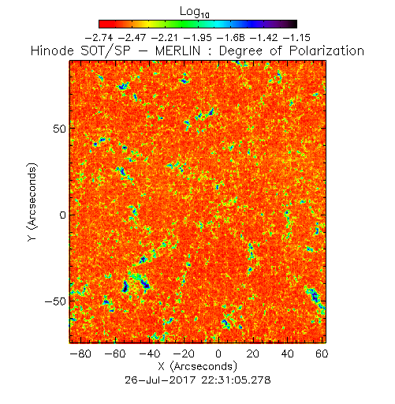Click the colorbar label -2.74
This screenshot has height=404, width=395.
[99, 38]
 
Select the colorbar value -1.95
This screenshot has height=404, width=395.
[198, 38]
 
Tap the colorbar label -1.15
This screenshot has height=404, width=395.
[296, 38]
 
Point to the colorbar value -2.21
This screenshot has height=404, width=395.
[165, 38]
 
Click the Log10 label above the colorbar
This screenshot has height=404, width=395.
[195, 13]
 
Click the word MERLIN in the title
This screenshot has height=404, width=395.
[177, 50]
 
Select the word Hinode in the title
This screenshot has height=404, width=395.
[52, 50]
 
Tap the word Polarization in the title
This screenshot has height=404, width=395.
[326, 50]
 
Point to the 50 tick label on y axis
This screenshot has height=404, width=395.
[59, 129]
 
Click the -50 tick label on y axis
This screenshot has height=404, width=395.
[55, 301]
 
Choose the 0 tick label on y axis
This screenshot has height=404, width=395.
[62, 215]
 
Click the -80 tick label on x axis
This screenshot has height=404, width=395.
[80, 353]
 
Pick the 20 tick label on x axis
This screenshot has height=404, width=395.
[253, 353]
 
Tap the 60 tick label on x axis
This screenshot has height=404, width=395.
[322, 353]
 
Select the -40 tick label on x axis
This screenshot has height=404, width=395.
[150, 353]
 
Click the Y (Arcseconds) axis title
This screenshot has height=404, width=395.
[32, 202]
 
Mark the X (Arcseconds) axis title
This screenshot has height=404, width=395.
[198, 366]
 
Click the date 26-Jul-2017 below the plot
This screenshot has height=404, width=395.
[160, 380]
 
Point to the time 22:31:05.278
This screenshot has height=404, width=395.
[236, 380]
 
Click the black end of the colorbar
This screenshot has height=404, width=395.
[294, 24]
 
